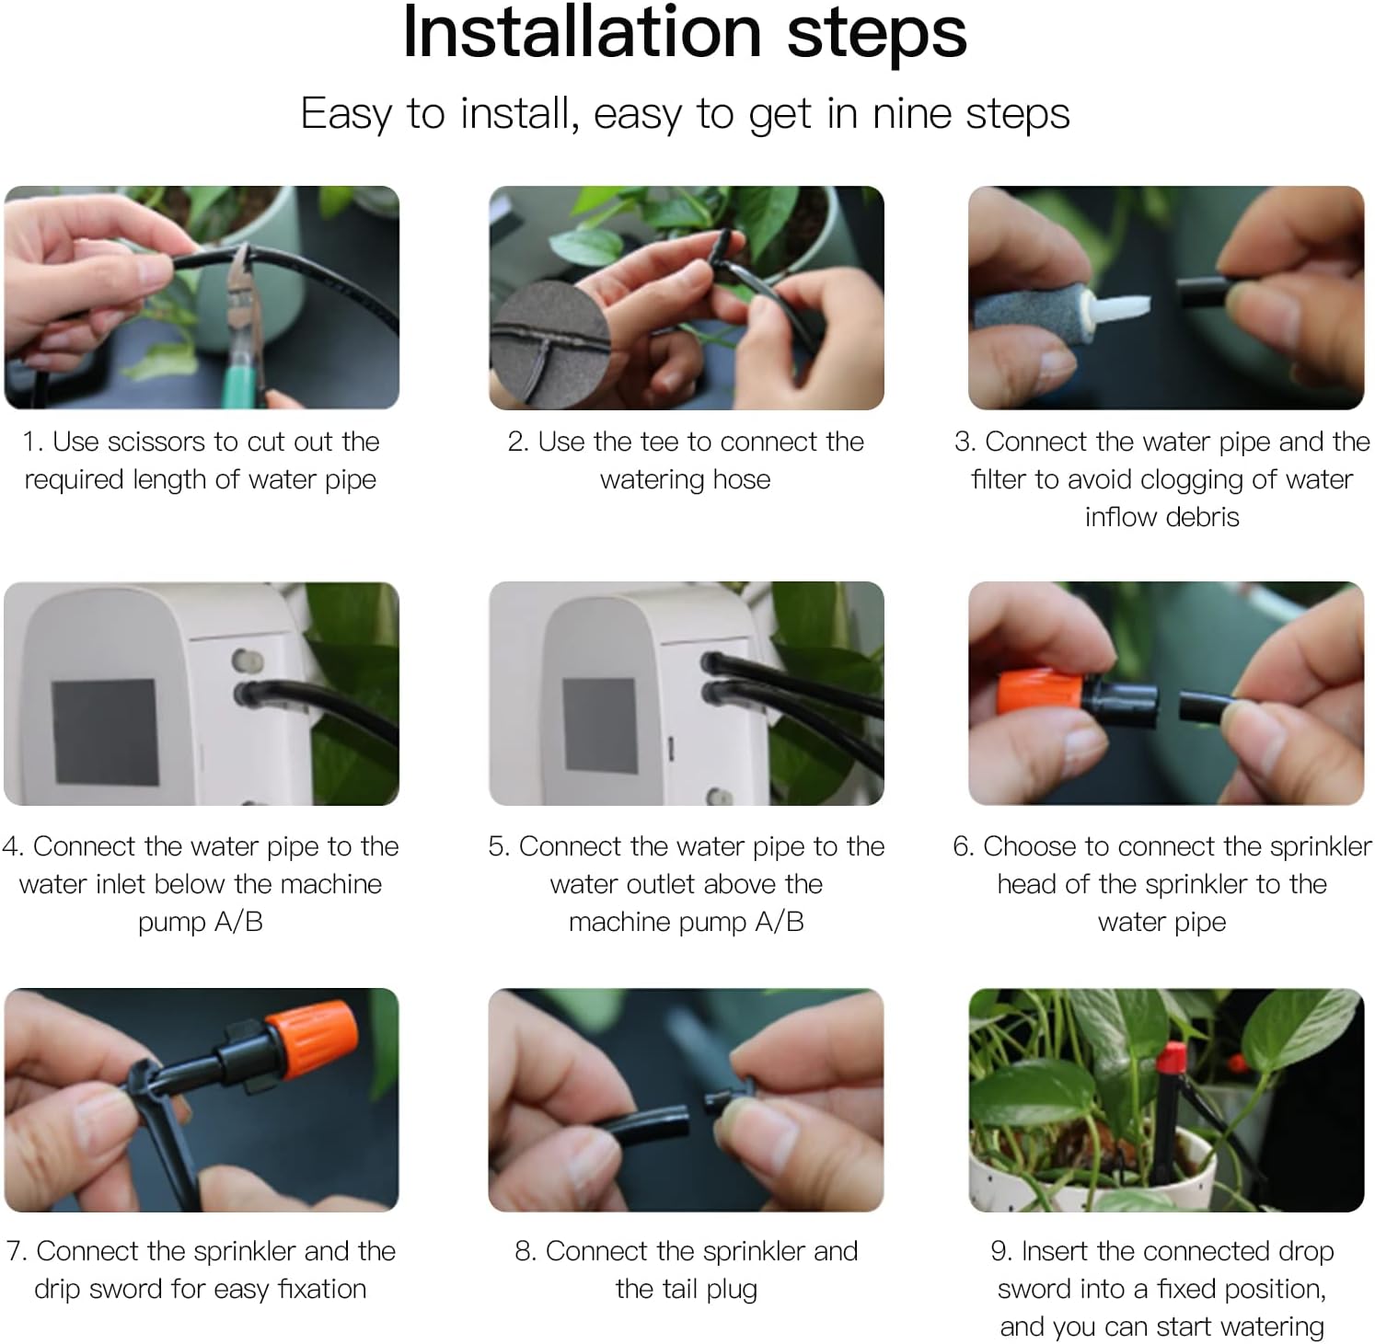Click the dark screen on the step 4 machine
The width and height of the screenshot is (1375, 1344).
tap(105, 732)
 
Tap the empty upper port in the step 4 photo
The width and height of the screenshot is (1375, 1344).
tap(247, 660)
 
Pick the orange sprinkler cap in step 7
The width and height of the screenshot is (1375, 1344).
tap(310, 1040)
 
